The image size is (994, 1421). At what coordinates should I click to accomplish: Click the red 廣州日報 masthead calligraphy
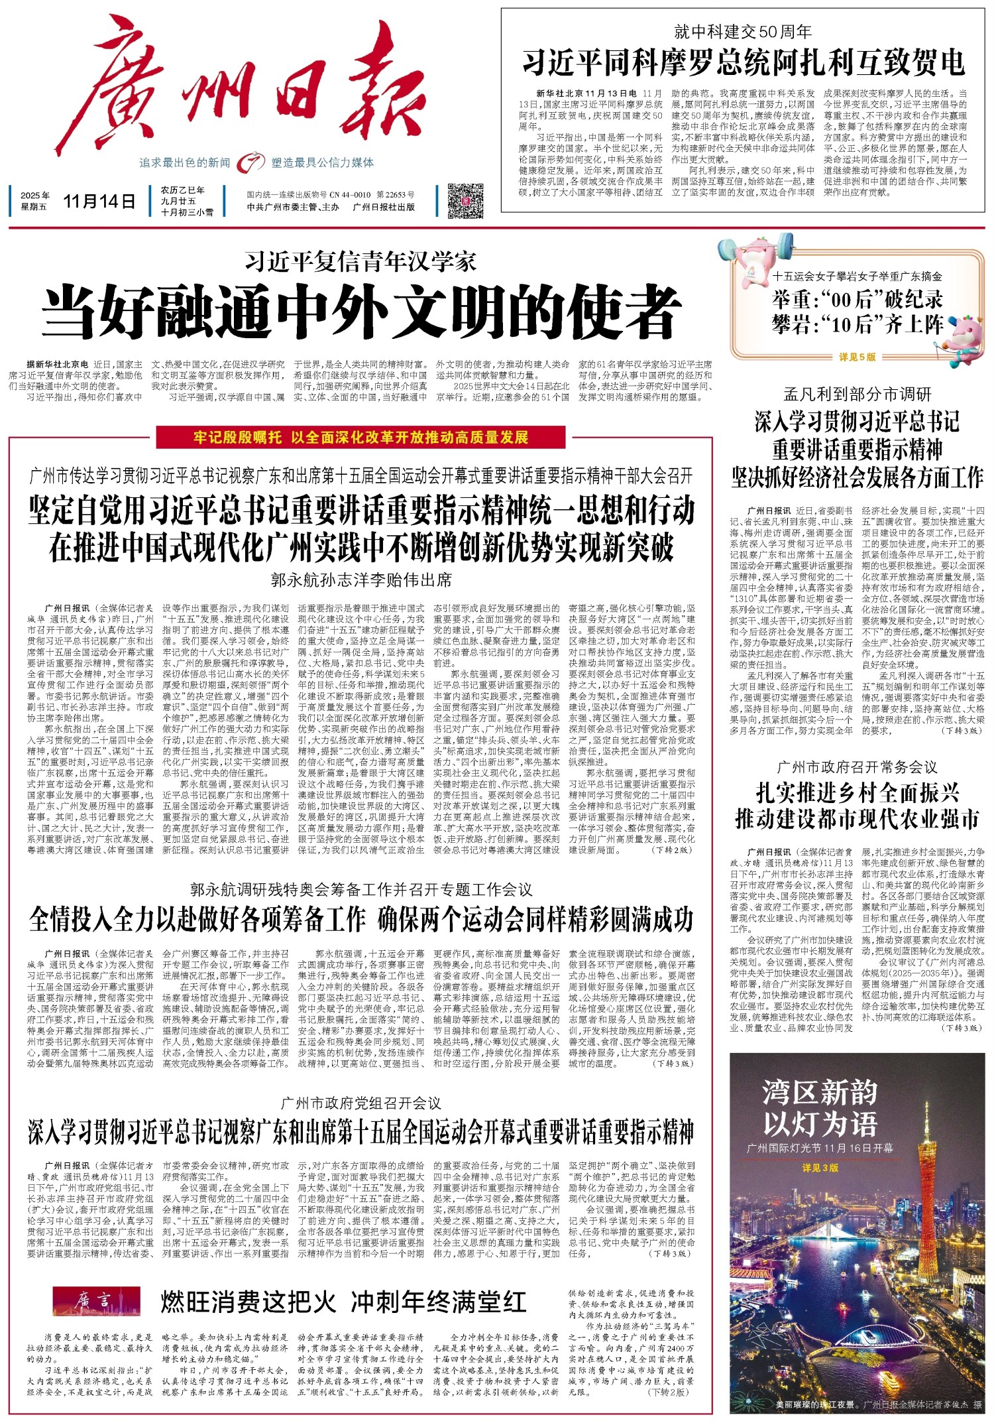tap(252, 90)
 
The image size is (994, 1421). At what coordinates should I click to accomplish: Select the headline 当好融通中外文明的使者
tap(361, 312)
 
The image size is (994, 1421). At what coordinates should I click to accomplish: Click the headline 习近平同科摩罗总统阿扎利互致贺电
tap(743, 63)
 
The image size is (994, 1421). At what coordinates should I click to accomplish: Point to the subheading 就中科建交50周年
tap(743, 31)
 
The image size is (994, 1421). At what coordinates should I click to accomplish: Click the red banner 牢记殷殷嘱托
tap(361, 438)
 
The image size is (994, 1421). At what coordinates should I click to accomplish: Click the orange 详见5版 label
tap(857, 357)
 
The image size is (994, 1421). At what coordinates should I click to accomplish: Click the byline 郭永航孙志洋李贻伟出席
tap(361, 580)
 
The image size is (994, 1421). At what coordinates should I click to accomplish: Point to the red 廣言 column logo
tap(96, 1301)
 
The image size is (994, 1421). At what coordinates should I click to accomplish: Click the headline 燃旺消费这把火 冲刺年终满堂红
tap(343, 1302)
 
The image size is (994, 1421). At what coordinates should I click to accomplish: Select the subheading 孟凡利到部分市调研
tap(857, 395)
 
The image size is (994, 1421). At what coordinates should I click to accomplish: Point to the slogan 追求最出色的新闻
tap(184, 162)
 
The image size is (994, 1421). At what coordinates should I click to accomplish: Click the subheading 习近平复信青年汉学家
tap(361, 262)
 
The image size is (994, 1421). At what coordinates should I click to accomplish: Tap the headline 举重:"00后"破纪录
tap(857, 300)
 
